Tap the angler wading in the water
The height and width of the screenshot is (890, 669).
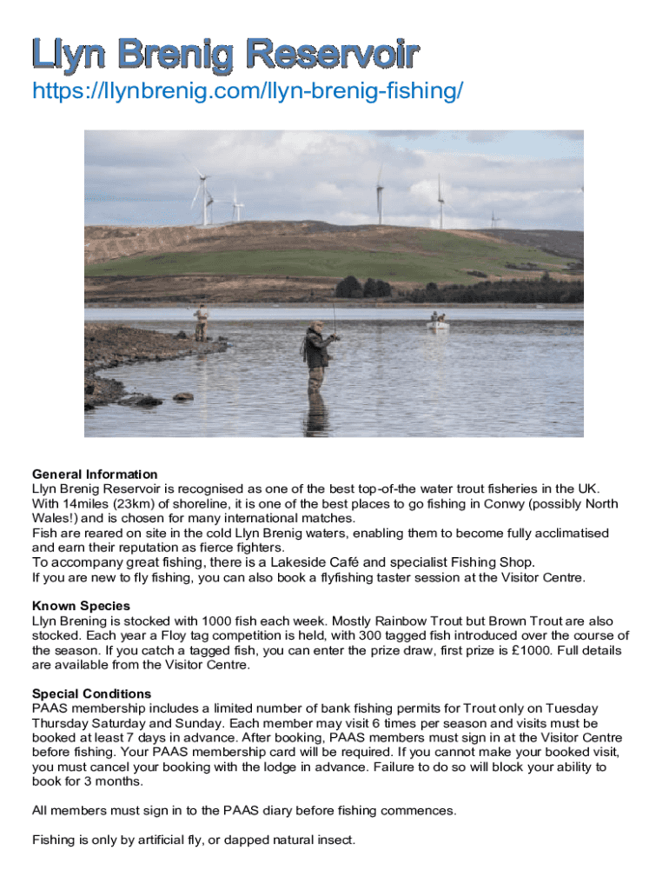(x=317, y=356)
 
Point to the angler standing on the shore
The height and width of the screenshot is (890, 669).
(x=202, y=322)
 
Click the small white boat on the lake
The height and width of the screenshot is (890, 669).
(x=438, y=323)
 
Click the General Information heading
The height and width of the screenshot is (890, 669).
(x=95, y=475)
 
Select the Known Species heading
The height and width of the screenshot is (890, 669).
(x=81, y=606)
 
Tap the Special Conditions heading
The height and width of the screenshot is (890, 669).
(x=91, y=694)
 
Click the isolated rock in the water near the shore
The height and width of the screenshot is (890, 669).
(x=182, y=396)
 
